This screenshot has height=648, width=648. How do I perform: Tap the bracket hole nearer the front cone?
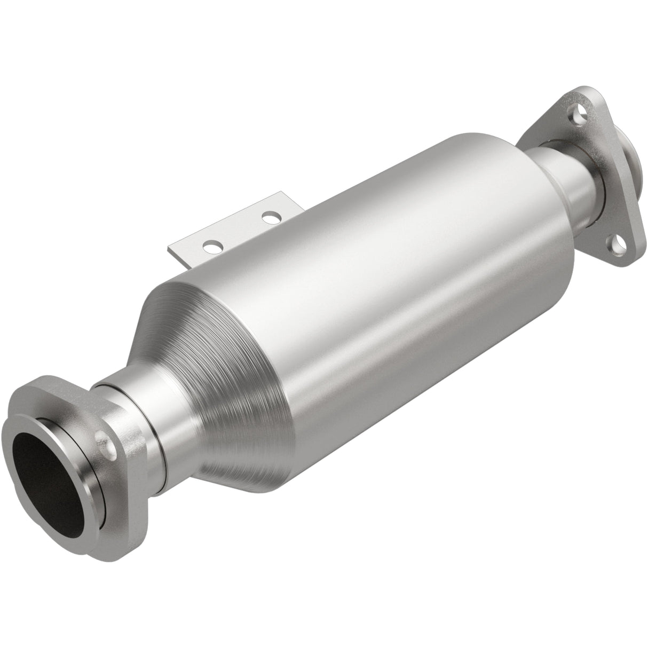[213, 246]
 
